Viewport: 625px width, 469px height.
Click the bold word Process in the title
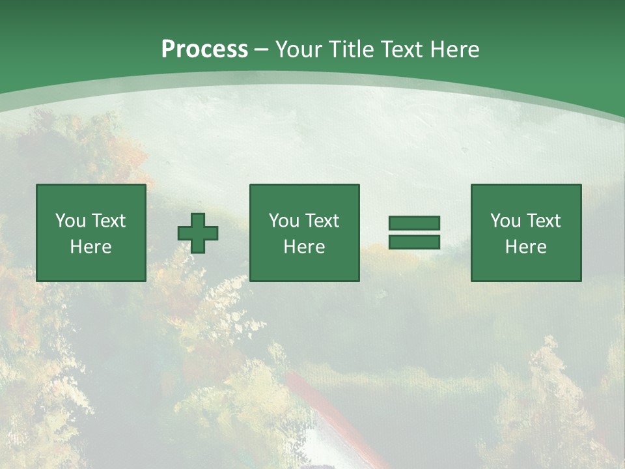pyautogui.click(x=204, y=50)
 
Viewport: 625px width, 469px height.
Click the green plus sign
pyautogui.click(x=198, y=233)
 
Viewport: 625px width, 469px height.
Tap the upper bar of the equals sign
pyautogui.click(x=414, y=223)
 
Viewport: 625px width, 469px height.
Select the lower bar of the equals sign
pyautogui.click(x=414, y=242)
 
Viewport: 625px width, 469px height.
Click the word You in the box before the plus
pyautogui.click(x=70, y=221)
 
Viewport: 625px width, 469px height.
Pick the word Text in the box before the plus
pyautogui.click(x=107, y=221)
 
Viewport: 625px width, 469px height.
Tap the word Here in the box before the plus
pyautogui.click(x=90, y=247)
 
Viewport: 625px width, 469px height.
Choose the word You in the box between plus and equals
pyautogui.click(x=284, y=221)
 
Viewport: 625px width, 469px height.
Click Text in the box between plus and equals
pyautogui.click(x=321, y=221)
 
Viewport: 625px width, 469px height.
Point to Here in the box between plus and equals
pyautogui.click(x=304, y=247)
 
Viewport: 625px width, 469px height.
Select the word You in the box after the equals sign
pyautogui.click(x=505, y=221)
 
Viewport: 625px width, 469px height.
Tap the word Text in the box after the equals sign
pyautogui.click(x=542, y=221)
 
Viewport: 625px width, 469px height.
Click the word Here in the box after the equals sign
pyautogui.click(x=525, y=247)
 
